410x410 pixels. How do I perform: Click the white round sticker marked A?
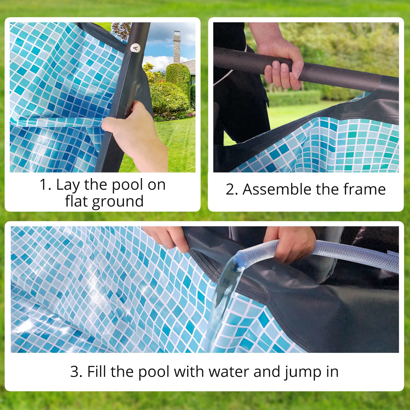point(135,48)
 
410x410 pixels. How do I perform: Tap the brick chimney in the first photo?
point(177,47)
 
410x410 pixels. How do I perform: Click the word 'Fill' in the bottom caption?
point(97,372)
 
